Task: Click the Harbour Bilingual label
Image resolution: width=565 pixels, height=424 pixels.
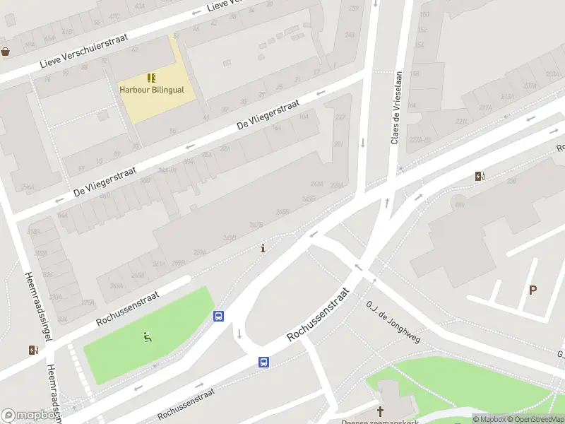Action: point(151,90)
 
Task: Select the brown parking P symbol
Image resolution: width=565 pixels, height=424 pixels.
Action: point(533,290)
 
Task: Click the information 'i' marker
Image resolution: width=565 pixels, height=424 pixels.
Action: point(263,249)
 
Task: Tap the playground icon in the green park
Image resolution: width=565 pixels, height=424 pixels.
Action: point(147,338)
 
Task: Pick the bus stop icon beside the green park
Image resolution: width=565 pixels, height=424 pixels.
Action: point(219,317)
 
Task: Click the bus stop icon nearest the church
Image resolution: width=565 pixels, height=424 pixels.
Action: point(263,363)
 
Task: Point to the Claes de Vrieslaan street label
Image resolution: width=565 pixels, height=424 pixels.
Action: point(395,108)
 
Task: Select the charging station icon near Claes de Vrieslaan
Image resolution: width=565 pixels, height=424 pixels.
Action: point(480,177)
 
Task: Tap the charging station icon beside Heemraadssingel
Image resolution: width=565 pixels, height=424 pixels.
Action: point(33,350)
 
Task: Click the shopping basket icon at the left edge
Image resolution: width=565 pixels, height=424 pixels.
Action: point(6,52)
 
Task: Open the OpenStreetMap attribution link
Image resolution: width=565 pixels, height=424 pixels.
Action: point(535,419)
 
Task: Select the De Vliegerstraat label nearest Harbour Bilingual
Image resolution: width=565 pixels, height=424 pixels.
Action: point(268,114)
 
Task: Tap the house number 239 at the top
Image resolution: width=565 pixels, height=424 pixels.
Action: point(354,8)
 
